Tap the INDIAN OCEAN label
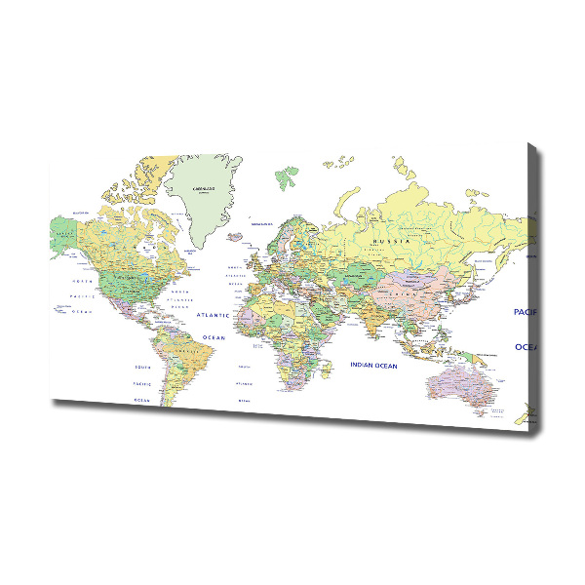tap(373, 366)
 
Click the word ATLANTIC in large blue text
tap(213, 316)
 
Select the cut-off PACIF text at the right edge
tap(526, 312)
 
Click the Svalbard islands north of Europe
tap(287, 176)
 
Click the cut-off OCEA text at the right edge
tap(526, 346)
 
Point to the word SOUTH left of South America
tap(142, 368)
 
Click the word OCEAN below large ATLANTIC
tap(214, 337)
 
